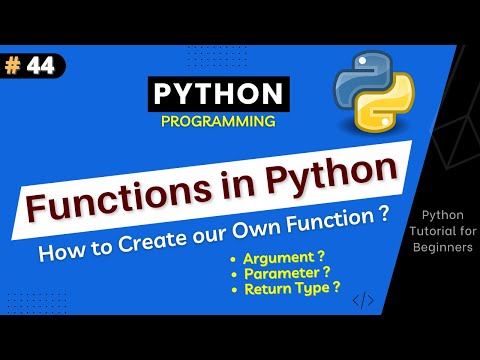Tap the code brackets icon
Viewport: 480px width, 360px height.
pyautogui.click(x=364, y=298)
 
